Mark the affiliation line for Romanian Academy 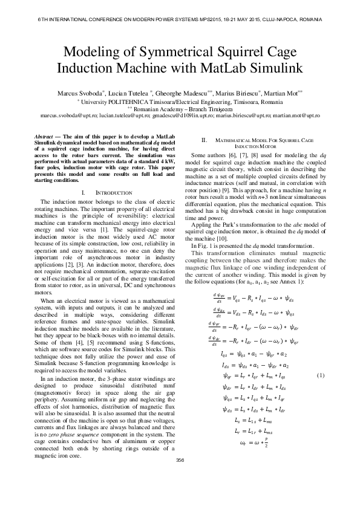point(179,108)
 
